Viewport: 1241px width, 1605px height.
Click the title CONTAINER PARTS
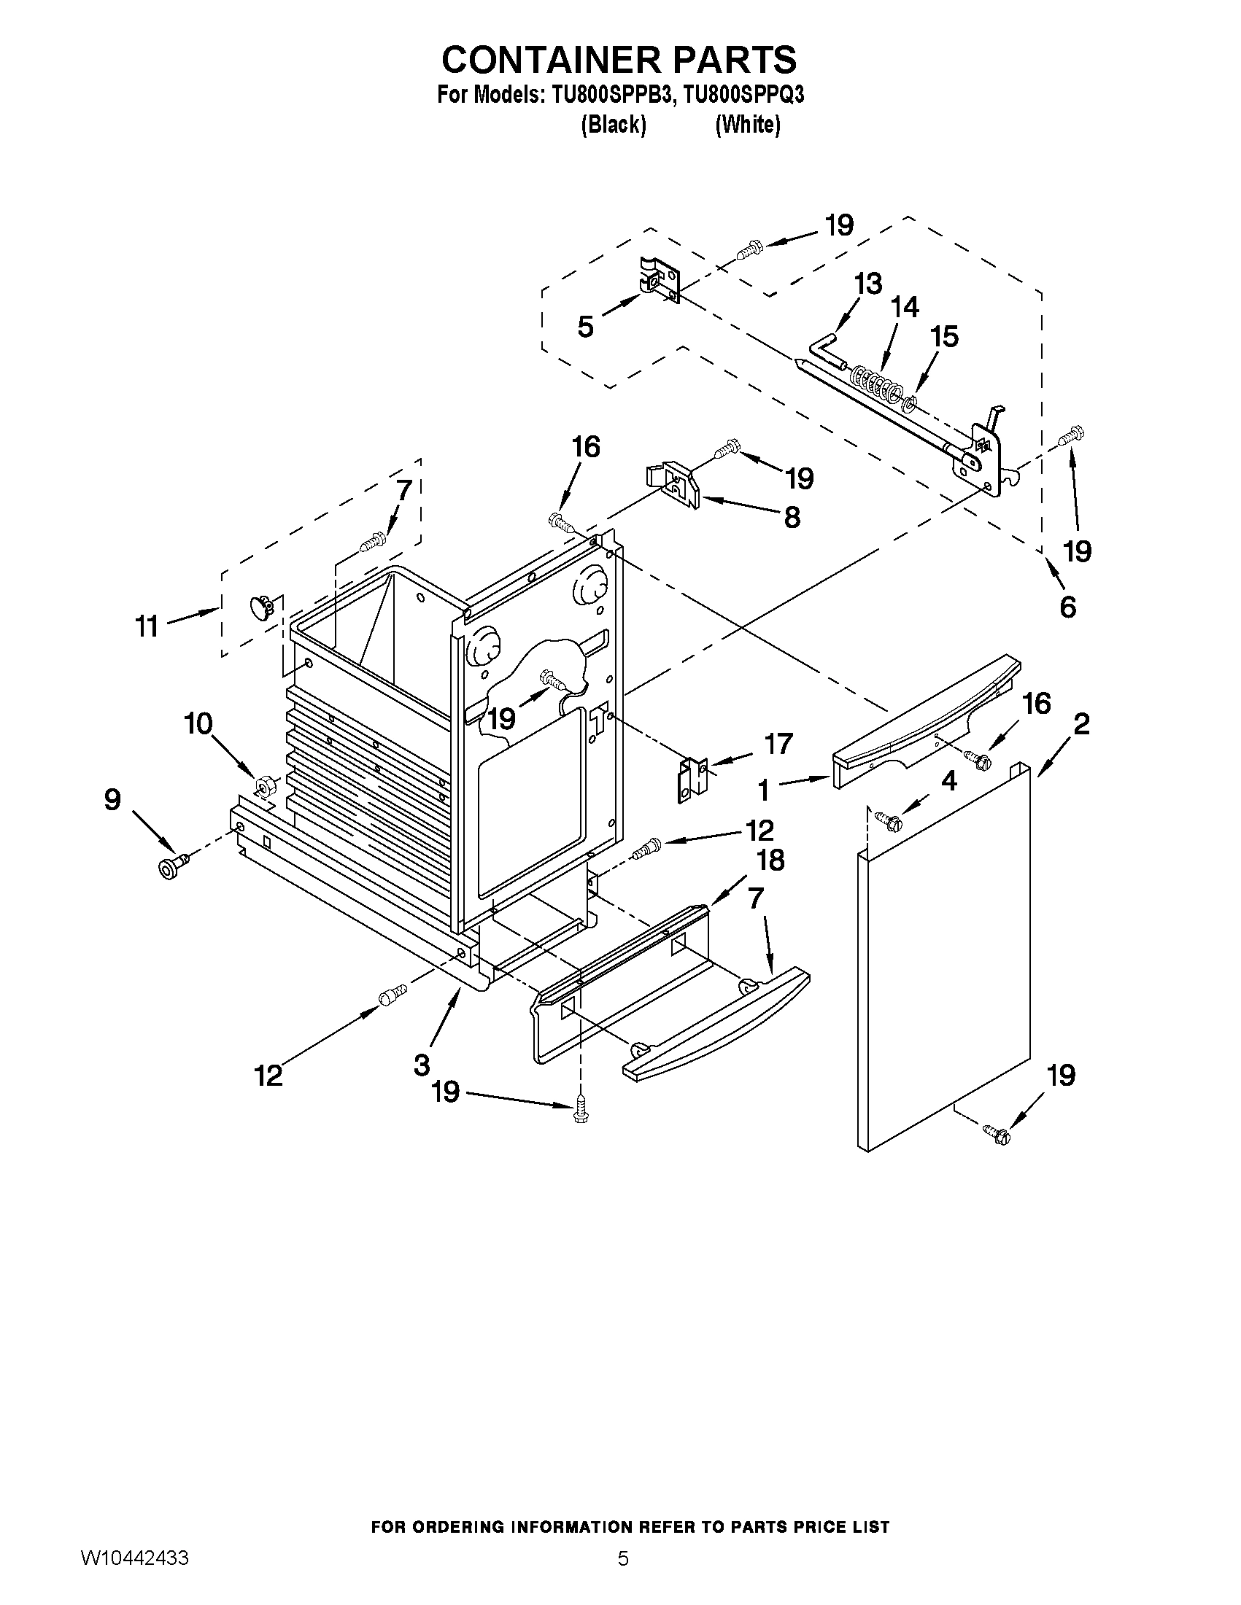pos(619,59)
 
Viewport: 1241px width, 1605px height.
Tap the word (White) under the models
pos(748,125)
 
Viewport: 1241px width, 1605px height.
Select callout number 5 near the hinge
pos(585,327)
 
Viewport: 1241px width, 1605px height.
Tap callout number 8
pos(792,517)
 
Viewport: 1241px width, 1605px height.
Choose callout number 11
pos(147,626)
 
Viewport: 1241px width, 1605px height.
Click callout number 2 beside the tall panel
pos(1080,725)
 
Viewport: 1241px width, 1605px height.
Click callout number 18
pos(770,859)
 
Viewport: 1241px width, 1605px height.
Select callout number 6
pos(1067,607)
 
